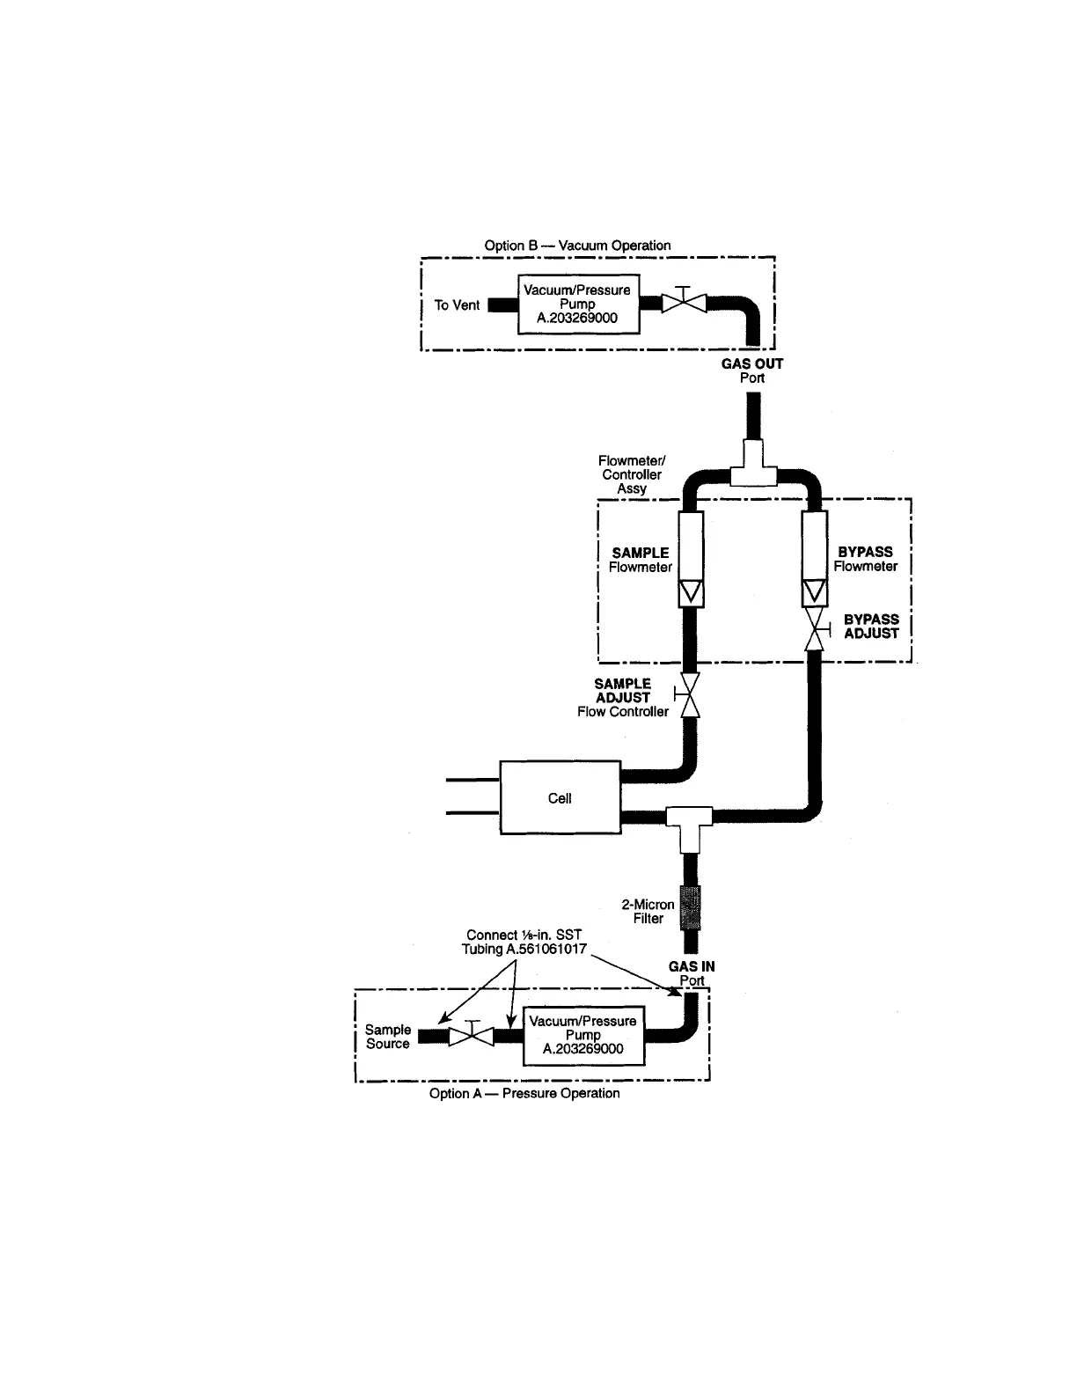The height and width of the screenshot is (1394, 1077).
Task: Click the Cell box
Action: (x=560, y=797)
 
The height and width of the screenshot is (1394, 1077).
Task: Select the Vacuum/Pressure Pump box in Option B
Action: (x=577, y=304)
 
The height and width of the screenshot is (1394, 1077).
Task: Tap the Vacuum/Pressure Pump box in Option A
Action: (x=582, y=1035)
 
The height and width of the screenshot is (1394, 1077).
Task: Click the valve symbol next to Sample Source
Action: (x=472, y=1037)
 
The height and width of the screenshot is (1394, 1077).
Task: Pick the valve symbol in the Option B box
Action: (x=684, y=302)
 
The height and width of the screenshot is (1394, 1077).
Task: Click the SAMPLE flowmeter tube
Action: (x=691, y=558)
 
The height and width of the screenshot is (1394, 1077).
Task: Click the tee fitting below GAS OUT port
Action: (x=753, y=467)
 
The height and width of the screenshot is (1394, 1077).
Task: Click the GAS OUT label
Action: (x=752, y=363)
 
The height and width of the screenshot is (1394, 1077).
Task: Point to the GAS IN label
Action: (x=692, y=966)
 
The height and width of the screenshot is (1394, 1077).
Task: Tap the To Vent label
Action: (x=457, y=305)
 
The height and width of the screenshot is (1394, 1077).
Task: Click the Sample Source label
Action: (x=388, y=1037)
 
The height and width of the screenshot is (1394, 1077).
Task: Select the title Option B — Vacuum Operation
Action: (x=577, y=246)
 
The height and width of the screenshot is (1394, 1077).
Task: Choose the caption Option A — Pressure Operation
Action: (x=524, y=1093)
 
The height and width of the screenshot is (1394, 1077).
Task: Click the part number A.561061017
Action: (x=546, y=949)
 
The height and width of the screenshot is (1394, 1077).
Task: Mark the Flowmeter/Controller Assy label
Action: (x=632, y=474)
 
